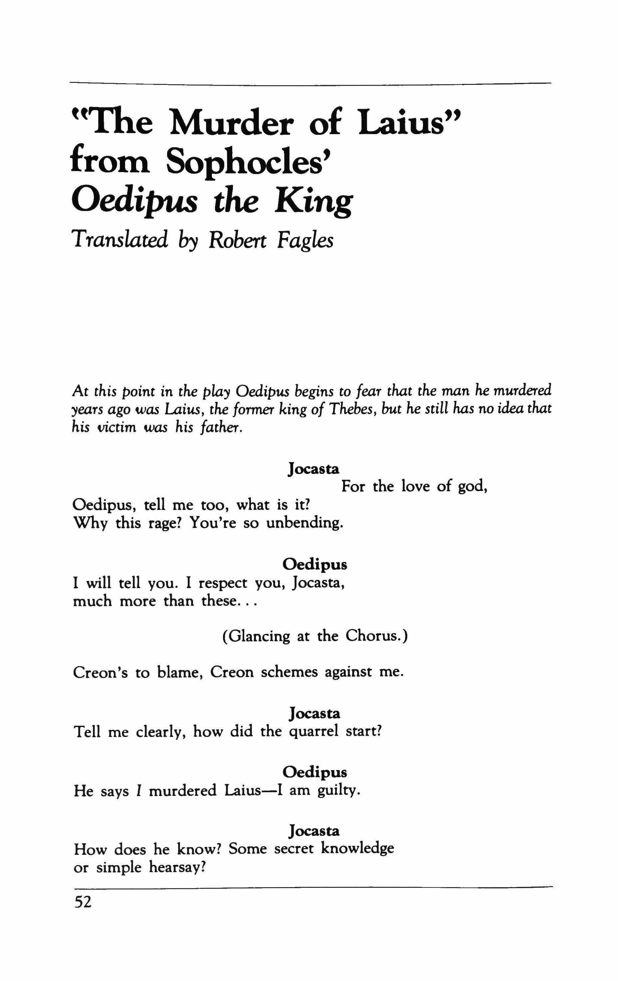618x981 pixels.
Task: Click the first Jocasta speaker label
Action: [314, 469]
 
